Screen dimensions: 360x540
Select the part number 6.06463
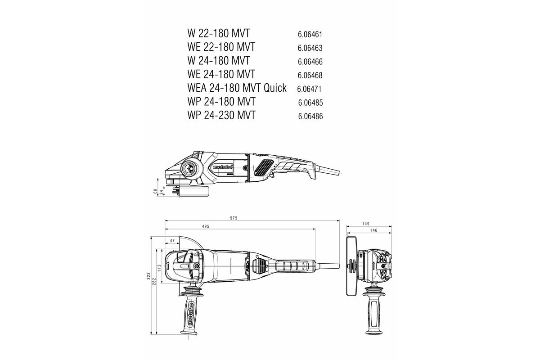[310, 48]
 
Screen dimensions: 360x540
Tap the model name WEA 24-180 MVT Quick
[237, 88]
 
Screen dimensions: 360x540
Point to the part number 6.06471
[309, 89]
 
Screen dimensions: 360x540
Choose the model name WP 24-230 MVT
[221, 115]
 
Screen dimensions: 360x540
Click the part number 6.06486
[310, 117]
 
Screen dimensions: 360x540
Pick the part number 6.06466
[310, 62]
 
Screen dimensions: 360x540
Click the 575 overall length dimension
[233, 218]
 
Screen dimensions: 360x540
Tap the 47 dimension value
[172, 241]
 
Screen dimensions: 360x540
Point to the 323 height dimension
[149, 276]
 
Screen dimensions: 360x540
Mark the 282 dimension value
[154, 281]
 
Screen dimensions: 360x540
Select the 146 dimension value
[373, 230]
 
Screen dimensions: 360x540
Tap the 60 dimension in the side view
[155, 191]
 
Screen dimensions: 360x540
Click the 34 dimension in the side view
[161, 193]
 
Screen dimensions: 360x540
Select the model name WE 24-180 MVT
[221, 74]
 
